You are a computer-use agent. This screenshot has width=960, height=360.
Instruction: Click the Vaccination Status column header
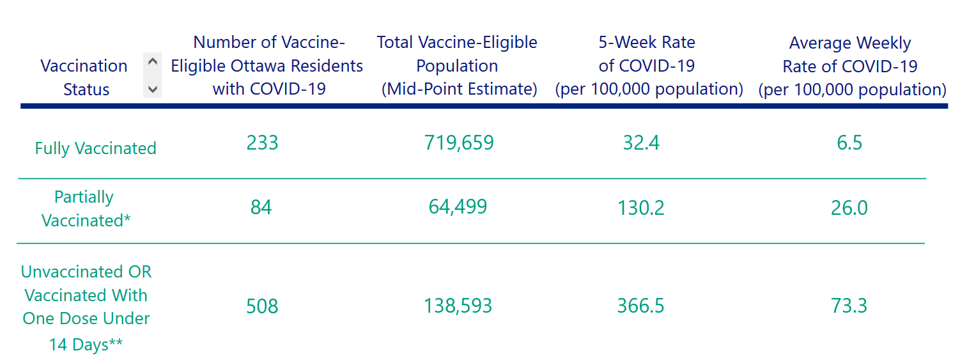click(84, 77)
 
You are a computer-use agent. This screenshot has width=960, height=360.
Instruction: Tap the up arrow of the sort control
click(152, 63)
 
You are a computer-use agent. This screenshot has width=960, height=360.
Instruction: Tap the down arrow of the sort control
click(152, 90)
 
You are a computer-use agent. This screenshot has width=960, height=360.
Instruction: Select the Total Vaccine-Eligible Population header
click(458, 66)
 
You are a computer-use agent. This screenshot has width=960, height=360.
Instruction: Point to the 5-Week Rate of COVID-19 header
click(648, 66)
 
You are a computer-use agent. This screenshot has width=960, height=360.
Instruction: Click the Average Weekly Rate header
click(851, 67)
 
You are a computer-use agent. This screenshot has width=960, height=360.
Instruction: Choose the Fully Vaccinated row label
click(95, 148)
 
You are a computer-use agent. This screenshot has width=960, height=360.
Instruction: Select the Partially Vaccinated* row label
click(85, 208)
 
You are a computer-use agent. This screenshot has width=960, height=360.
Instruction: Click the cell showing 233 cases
click(262, 142)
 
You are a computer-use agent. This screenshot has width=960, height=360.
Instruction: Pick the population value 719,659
click(459, 142)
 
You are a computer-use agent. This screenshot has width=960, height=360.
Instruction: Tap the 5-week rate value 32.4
click(641, 142)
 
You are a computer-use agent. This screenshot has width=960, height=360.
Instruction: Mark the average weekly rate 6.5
click(849, 142)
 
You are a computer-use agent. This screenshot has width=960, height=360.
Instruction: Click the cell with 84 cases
click(261, 207)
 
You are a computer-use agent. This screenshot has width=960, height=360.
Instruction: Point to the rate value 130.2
click(641, 207)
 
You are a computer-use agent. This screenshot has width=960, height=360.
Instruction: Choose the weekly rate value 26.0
click(849, 207)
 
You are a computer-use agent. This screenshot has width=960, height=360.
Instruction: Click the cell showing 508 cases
click(262, 306)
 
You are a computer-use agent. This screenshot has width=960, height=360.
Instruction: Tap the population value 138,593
click(458, 306)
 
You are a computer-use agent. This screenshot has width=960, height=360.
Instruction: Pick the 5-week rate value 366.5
click(641, 306)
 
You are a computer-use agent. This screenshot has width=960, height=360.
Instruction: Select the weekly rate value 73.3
click(849, 306)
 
